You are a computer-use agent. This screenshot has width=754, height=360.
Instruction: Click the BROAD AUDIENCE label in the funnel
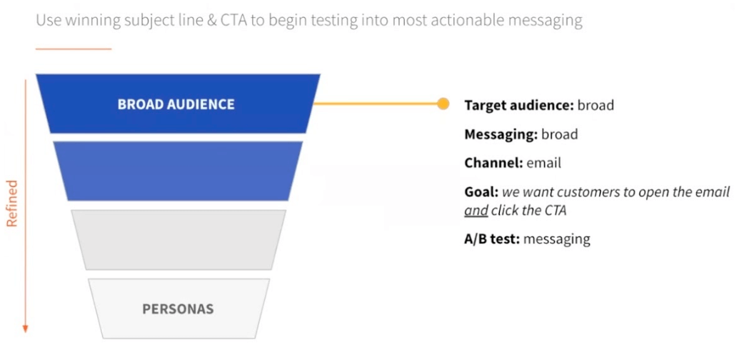176,104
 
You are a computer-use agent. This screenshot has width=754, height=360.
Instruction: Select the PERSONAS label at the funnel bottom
178,309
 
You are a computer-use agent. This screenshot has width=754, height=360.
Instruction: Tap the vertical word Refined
12,203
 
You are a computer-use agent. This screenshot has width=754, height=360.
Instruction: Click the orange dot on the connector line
443,104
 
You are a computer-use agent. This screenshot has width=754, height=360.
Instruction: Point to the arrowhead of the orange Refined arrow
26,328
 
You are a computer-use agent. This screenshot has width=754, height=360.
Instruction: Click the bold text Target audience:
518,105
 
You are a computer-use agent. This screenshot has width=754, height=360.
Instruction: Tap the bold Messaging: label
501,134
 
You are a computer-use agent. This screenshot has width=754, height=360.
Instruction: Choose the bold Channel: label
493,163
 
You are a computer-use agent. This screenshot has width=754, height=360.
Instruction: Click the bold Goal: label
481,192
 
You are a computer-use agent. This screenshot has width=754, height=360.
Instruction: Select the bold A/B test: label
491,239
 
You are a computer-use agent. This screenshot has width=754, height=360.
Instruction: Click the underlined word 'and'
476,211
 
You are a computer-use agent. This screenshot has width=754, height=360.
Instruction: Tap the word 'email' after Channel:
544,163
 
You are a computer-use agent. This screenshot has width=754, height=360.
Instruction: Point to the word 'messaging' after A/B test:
557,239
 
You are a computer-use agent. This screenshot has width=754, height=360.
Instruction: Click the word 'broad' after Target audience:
595,105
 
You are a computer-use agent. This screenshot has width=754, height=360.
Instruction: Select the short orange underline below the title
74,49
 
